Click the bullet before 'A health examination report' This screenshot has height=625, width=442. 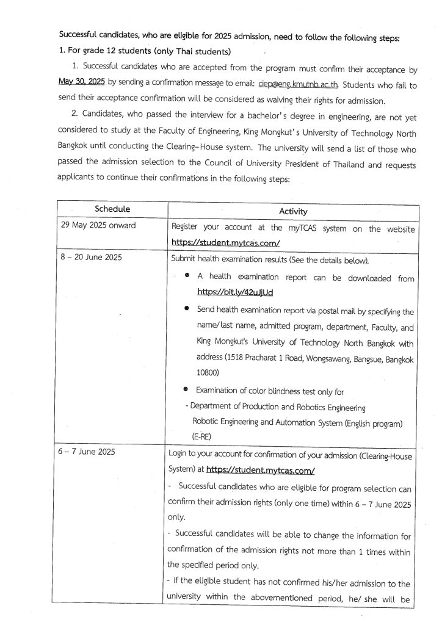pyautogui.click(x=187, y=276)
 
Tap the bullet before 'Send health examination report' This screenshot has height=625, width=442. pyautogui.click(x=187, y=309)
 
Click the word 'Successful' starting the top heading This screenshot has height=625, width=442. pyautogui.click(x=82, y=37)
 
